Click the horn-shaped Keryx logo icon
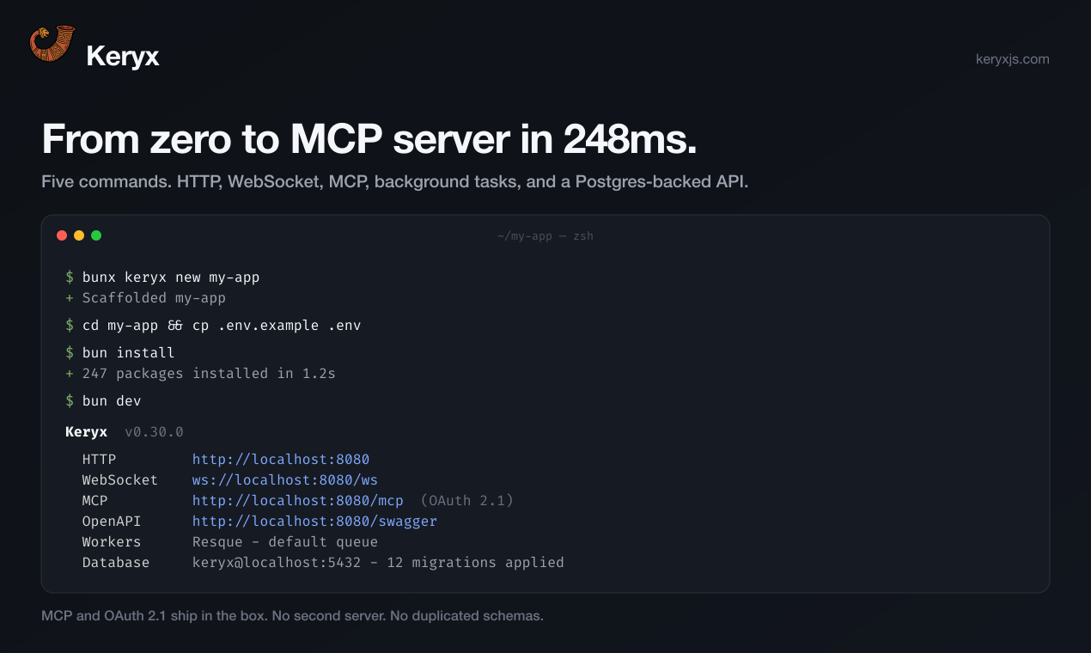tap(52, 44)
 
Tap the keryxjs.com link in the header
tap(1012, 59)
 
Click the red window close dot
tap(62, 236)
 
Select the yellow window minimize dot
tap(79, 236)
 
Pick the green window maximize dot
tap(96, 236)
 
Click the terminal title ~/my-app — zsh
tap(545, 236)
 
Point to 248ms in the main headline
tap(630, 139)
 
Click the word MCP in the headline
tap(336, 139)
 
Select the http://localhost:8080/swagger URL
tap(314, 522)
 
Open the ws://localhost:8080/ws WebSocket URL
tap(285, 480)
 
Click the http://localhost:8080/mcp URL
tap(297, 501)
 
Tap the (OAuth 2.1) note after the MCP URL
tap(467, 501)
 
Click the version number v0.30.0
tap(154, 432)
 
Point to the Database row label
tap(116, 563)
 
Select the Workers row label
tap(112, 542)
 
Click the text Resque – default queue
tap(285, 542)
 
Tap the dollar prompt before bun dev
tap(70, 401)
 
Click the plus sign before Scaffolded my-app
tap(70, 298)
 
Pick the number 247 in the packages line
tap(94, 374)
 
